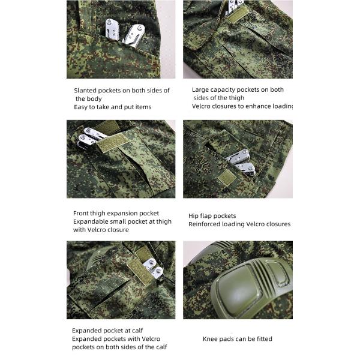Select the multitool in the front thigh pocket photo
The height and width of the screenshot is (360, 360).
[x=90, y=137]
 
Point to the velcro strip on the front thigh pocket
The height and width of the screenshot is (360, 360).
[x=113, y=143]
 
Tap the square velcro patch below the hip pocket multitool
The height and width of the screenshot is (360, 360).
[x=226, y=178]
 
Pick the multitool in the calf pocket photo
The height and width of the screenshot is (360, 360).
[x=151, y=266]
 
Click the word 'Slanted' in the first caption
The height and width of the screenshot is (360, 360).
[x=86, y=91]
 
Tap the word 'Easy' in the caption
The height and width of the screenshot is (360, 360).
[x=81, y=107]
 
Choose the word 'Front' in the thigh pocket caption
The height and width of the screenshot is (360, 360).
[x=82, y=213]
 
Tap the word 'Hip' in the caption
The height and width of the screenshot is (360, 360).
[x=194, y=215]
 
